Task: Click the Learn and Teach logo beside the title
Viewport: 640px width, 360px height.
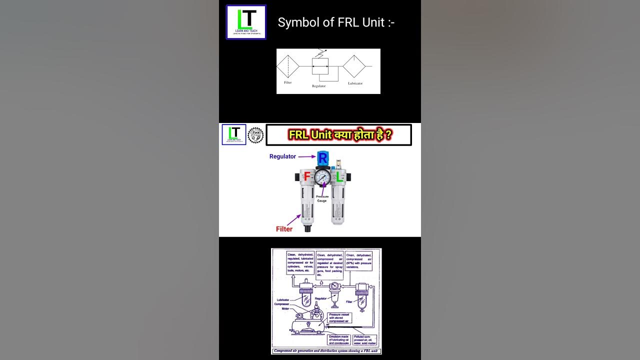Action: pyautogui.click(x=246, y=22)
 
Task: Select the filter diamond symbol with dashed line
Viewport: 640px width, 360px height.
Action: pyautogui.click(x=288, y=66)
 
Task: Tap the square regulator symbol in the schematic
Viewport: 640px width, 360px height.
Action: pyautogui.click(x=320, y=66)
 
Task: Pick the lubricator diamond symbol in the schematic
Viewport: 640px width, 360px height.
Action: pyautogui.click(x=354, y=66)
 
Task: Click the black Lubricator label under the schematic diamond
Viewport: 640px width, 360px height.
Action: pyautogui.click(x=355, y=83)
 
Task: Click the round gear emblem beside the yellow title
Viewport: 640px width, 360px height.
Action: pyautogui.click(x=255, y=135)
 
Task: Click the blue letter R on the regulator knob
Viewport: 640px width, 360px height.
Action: pyautogui.click(x=323, y=158)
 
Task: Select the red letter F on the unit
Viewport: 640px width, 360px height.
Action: pyautogui.click(x=307, y=176)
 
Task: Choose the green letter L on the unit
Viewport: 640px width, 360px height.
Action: pyautogui.click(x=339, y=176)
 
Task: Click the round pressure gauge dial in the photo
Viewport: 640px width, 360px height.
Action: pyautogui.click(x=323, y=177)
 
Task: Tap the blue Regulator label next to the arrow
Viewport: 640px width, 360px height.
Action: pyautogui.click(x=282, y=156)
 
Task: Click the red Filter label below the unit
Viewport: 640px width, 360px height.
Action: pyautogui.click(x=284, y=229)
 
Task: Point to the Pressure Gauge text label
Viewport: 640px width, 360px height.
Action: pyautogui.click(x=322, y=198)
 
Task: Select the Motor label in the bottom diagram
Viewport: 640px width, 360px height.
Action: pyautogui.click(x=285, y=308)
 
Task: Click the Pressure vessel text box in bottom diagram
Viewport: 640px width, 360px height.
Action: pyautogui.click(x=339, y=318)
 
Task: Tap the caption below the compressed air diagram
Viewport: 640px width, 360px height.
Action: pyautogui.click(x=326, y=351)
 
